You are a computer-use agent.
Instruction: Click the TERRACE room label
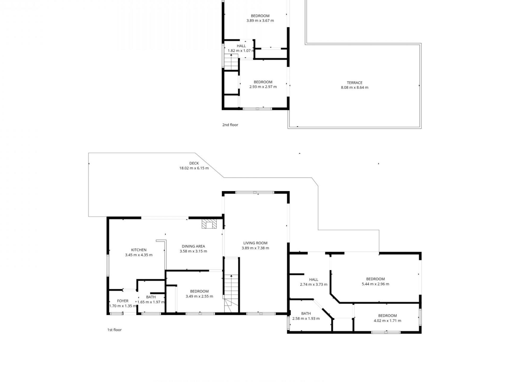(354, 83)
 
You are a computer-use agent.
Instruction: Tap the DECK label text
(194, 163)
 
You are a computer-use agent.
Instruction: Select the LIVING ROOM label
(255, 243)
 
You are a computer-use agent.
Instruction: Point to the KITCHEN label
(139, 250)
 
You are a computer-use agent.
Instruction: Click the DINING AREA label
(193, 246)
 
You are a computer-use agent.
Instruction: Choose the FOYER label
(123, 301)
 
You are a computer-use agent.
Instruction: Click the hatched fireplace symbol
(209, 224)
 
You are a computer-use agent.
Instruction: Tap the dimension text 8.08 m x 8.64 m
(355, 88)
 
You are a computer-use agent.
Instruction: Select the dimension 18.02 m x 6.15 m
(194, 168)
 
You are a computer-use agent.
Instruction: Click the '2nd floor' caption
(230, 125)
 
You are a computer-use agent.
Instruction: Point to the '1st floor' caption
(114, 330)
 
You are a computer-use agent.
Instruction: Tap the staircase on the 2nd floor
(231, 62)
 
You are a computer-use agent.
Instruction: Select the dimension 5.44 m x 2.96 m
(375, 284)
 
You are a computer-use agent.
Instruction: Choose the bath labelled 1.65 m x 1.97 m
(151, 297)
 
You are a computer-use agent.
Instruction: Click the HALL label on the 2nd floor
(241, 46)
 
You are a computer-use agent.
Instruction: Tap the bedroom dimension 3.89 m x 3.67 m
(260, 21)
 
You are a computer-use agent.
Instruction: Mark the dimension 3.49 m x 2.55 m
(199, 297)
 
